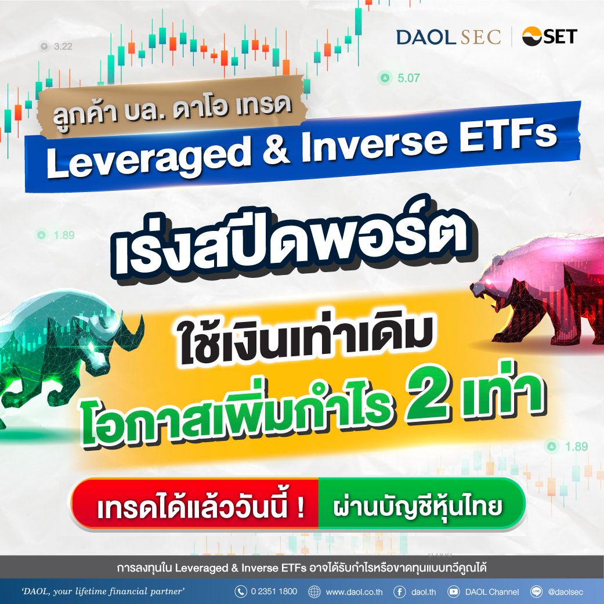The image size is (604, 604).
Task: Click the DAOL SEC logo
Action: pyautogui.click(x=449, y=37)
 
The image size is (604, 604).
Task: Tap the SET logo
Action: pyautogui.click(x=549, y=37)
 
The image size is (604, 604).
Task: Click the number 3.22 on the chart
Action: pyautogui.click(x=63, y=46)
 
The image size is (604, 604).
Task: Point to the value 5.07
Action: pyautogui.click(x=408, y=78)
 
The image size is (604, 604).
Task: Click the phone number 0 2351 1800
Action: pyautogui.click(x=274, y=591)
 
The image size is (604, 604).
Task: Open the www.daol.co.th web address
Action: pyautogui.click(x=355, y=592)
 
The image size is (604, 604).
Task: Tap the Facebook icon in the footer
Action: pyautogui.click(x=399, y=591)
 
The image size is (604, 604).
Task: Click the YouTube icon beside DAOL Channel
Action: pyautogui.click(x=453, y=591)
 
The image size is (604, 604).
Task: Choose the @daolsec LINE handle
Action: pyautogui.click(x=566, y=592)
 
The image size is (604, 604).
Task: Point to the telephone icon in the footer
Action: pyautogui.click(x=241, y=591)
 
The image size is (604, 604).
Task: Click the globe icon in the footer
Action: pyautogui.click(x=314, y=591)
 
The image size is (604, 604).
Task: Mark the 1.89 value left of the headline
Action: pyautogui.click(x=64, y=235)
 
